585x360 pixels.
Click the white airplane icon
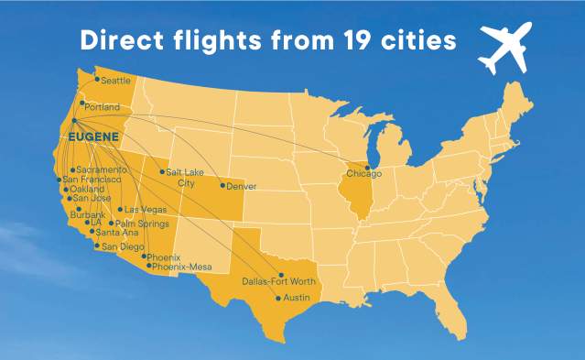pos(504,50)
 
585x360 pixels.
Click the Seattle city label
pos(116,81)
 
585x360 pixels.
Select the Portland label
pos(103,107)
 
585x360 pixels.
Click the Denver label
pos(241,187)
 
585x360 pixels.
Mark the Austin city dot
pos(278,298)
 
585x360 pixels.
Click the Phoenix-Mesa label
pos(181,267)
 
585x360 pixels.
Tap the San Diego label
pos(122,246)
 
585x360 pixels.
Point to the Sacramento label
pos(102,170)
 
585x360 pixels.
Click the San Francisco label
pos(92,180)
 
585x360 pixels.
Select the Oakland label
pos(88,190)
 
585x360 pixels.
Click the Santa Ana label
pos(116,233)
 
